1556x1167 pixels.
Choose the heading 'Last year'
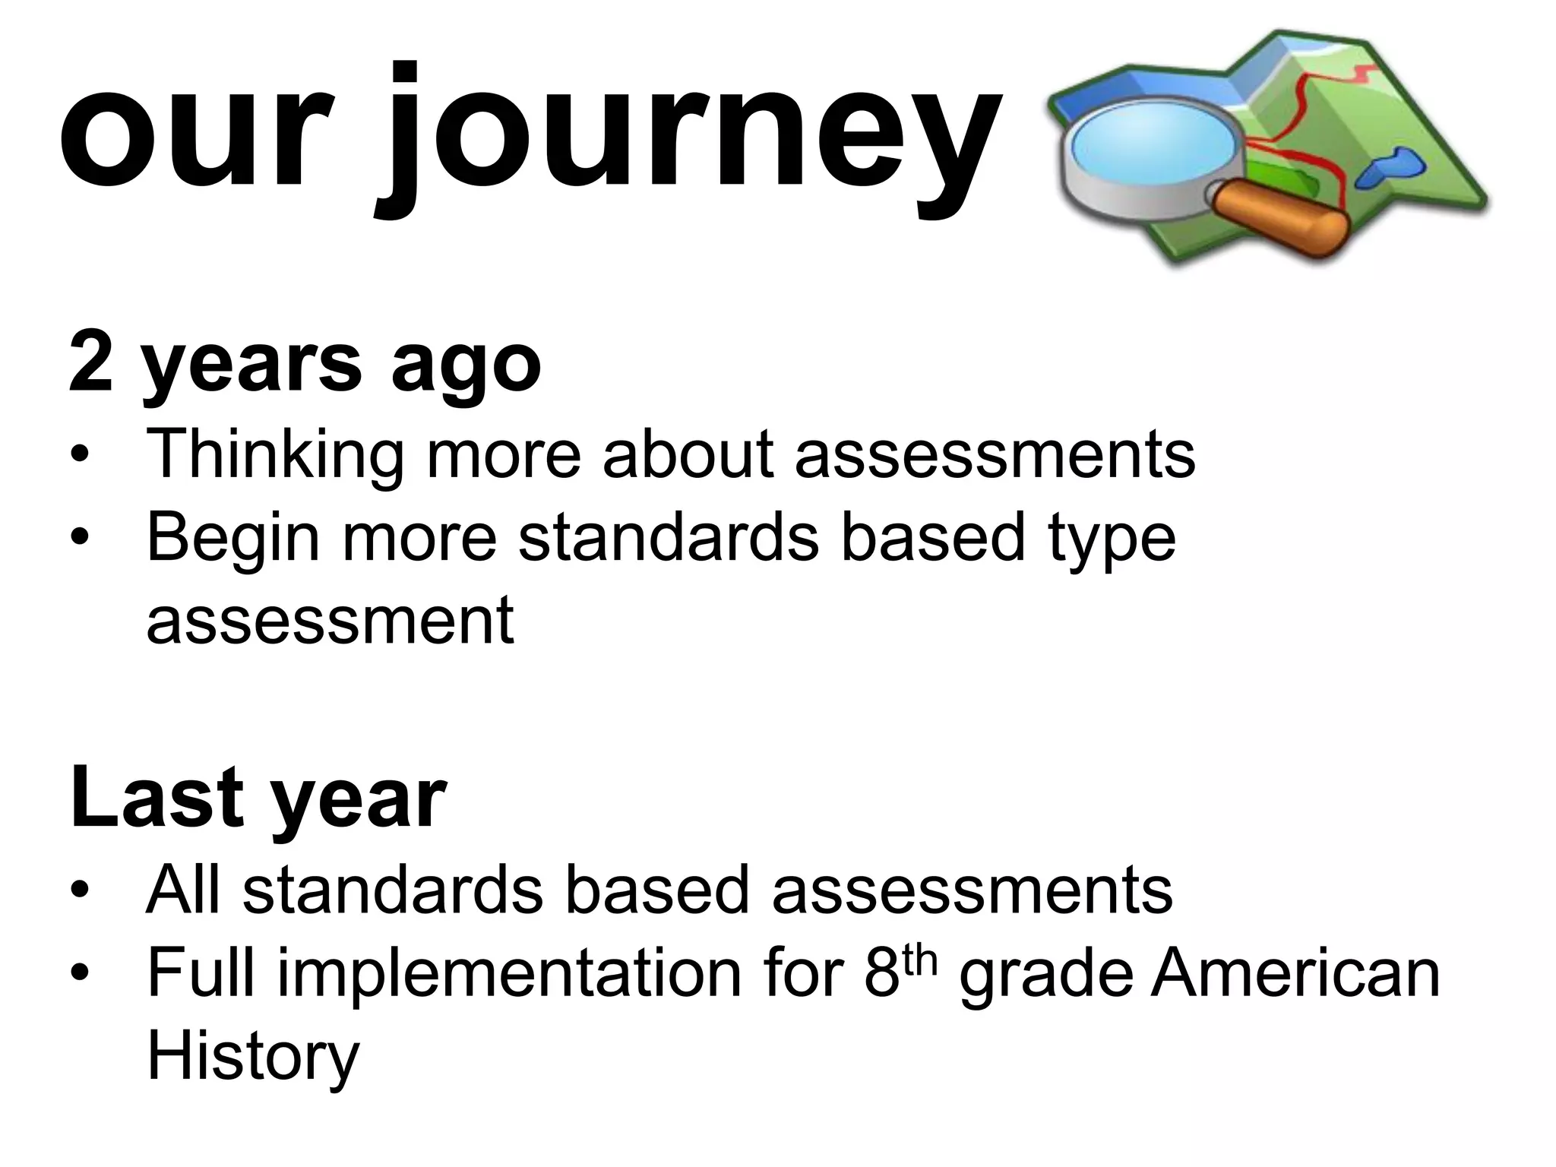[x=258, y=798]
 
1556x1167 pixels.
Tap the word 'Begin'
[x=233, y=538]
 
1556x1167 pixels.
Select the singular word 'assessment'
[x=330, y=620]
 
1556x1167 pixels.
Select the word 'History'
[x=252, y=1058]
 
